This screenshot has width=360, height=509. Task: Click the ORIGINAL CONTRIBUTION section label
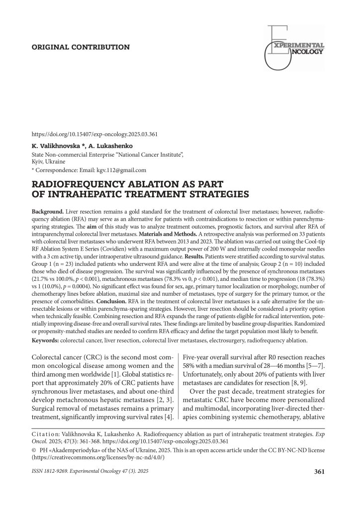(81, 47)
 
